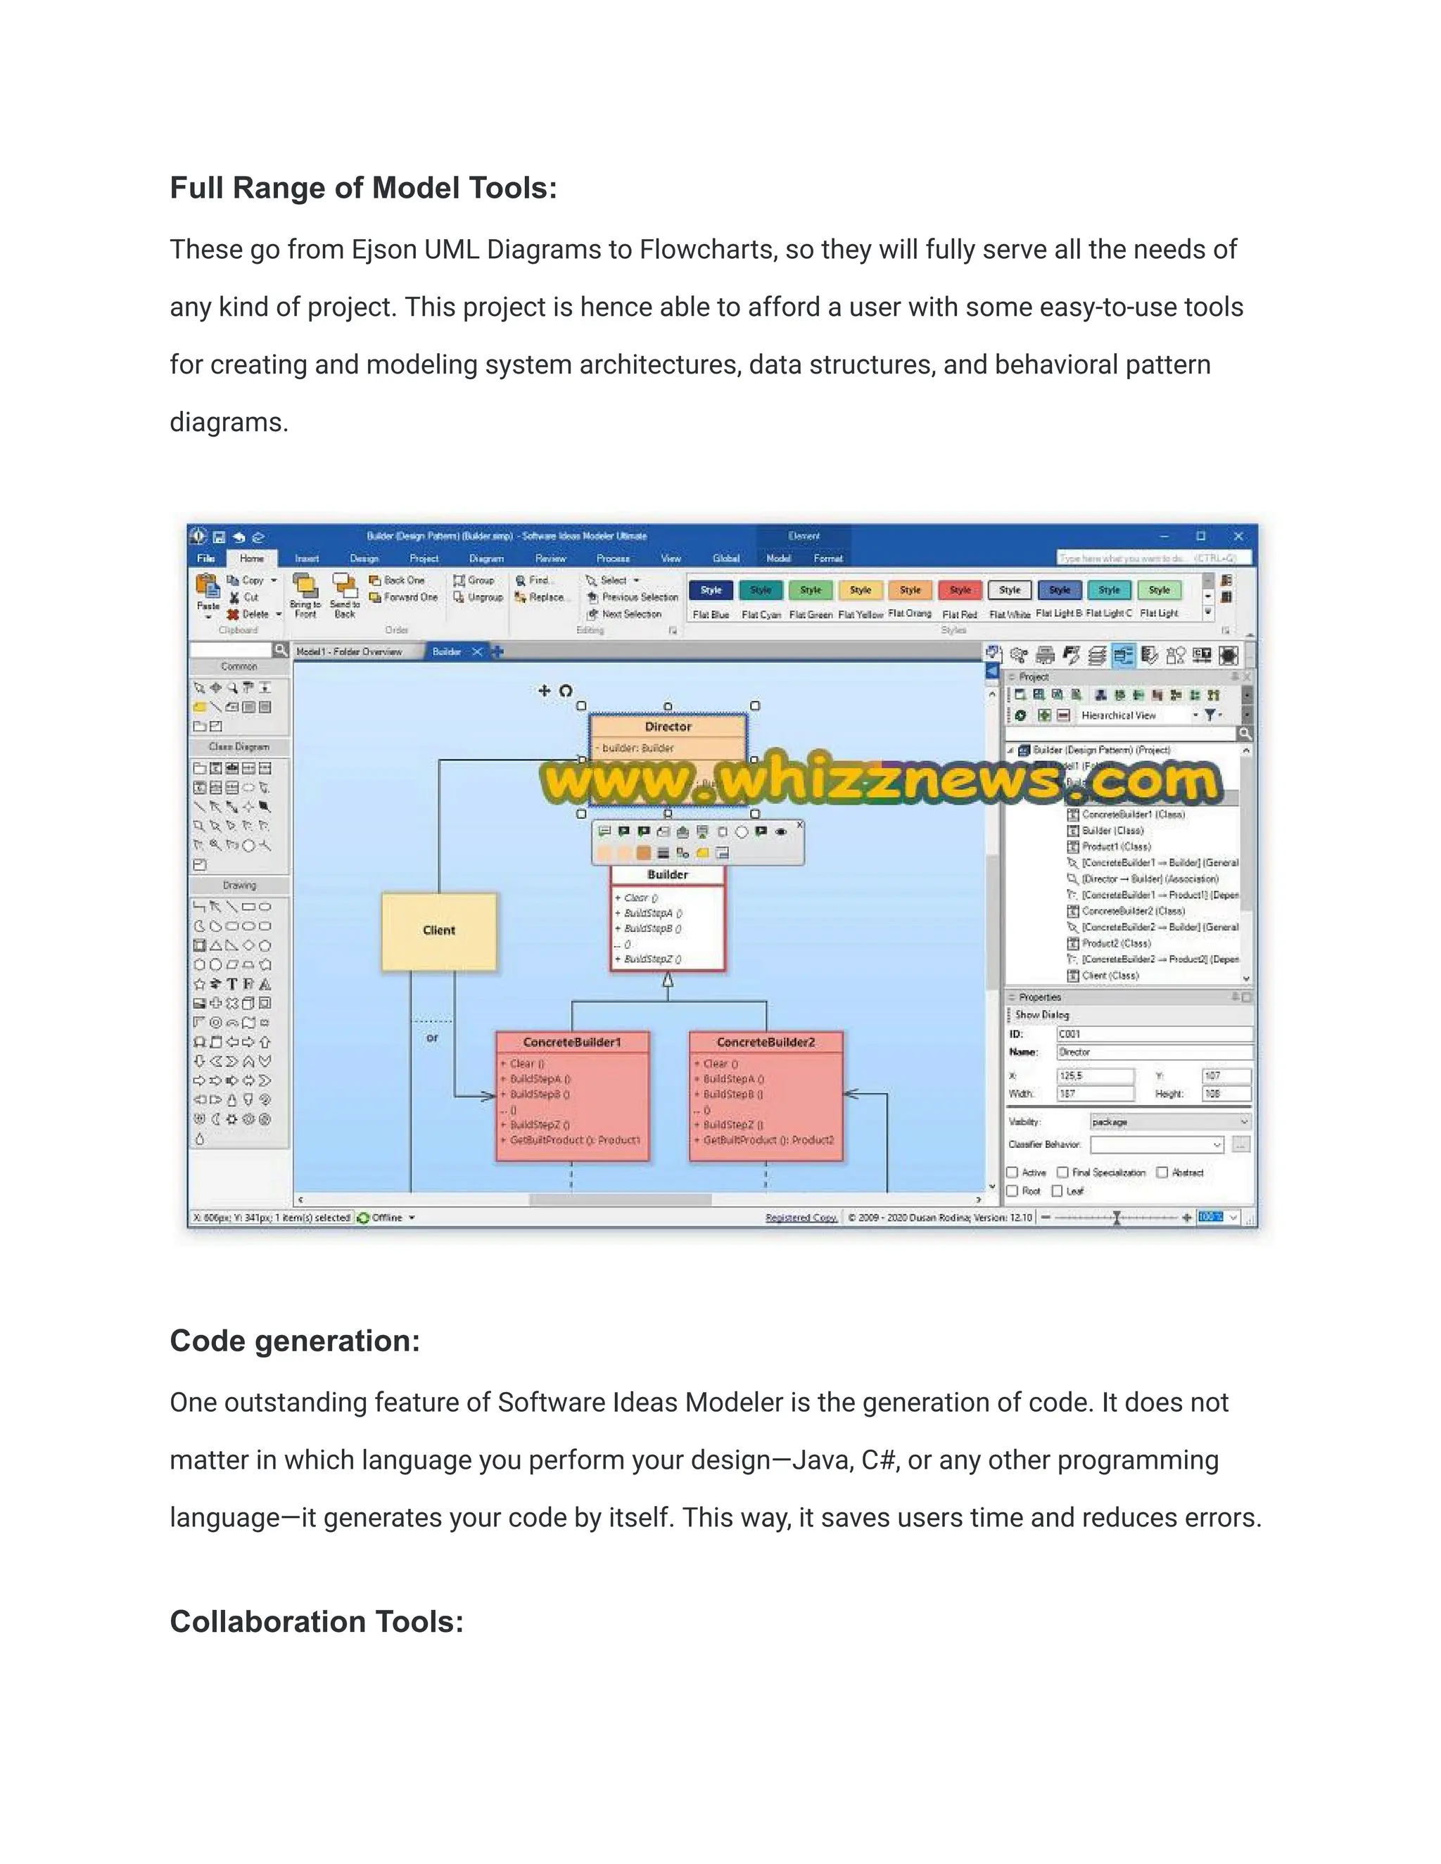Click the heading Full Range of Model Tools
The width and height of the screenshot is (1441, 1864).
point(363,188)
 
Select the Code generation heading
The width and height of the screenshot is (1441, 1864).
point(295,1341)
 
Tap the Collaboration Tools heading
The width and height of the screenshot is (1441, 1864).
point(316,1621)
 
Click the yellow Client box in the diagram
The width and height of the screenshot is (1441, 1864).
point(439,931)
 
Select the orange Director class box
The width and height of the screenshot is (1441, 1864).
point(668,727)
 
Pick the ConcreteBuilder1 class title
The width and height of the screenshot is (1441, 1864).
point(572,1042)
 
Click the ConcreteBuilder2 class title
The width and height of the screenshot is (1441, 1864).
point(766,1042)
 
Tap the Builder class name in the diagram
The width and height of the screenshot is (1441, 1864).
point(668,875)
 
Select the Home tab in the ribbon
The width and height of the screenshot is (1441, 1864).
point(252,558)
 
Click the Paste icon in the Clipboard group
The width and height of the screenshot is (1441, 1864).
point(208,589)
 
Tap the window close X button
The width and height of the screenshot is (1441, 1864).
point(1238,536)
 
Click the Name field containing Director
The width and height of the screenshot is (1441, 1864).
point(1153,1052)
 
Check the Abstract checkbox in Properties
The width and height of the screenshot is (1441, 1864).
point(1162,1173)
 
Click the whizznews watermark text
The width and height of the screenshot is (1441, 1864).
point(880,779)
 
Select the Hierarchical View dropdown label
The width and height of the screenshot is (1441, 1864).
point(1118,715)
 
